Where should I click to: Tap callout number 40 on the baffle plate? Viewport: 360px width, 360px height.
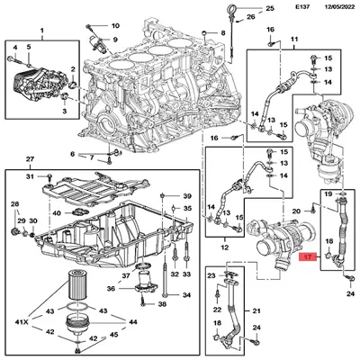57,213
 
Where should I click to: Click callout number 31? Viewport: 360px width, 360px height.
29,177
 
